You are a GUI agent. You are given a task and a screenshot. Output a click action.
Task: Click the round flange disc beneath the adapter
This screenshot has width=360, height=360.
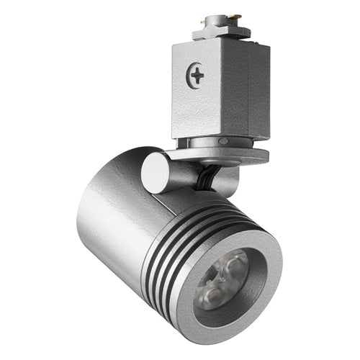(x=216, y=153)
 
